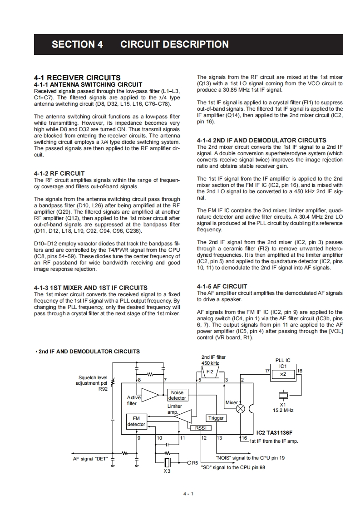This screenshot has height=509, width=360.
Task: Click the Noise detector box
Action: pos(177,395)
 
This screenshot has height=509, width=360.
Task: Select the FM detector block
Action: pos(136,421)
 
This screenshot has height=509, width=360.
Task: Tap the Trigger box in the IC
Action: pos(216,418)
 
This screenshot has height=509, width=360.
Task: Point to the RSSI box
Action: pos(201,427)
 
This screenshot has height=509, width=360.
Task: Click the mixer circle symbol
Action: pos(241,409)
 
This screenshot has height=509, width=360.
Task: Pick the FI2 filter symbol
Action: pos(210,372)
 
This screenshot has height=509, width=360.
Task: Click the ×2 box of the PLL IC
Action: pos(283,374)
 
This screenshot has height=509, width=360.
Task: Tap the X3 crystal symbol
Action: pos(167,462)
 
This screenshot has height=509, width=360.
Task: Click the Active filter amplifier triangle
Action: pos(150,395)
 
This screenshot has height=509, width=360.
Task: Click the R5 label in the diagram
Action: pos(195,463)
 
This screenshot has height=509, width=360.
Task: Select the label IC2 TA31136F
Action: pos(274,433)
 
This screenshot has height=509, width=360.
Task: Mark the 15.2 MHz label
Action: pos(283,410)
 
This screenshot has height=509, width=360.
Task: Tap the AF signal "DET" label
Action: pos(90,459)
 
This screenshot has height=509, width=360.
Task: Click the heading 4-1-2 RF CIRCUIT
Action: pos(59,173)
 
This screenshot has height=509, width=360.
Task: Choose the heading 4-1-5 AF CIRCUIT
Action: pos(222,286)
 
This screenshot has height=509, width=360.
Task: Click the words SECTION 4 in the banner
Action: pos(77,44)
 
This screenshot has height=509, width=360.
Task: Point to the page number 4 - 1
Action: pos(188,494)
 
